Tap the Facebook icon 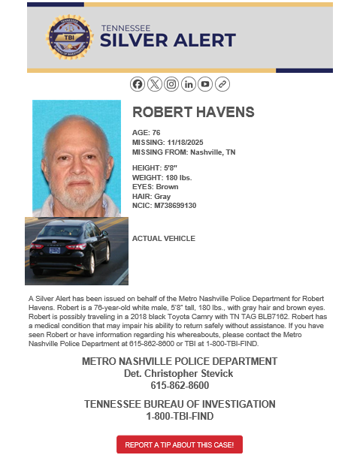click(x=137, y=84)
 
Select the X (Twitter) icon click(x=154, y=84)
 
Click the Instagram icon click(x=171, y=84)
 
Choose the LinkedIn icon click(x=188, y=84)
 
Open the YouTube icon click(x=205, y=84)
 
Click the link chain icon click(x=222, y=84)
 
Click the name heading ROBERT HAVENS click(x=193, y=113)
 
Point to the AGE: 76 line click(x=146, y=133)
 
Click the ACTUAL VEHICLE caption click(x=163, y=239)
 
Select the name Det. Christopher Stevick click(x=179, y=373)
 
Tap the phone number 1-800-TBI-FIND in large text click(x=179, y=416)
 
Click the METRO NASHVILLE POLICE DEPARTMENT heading click(x=179, y=361)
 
